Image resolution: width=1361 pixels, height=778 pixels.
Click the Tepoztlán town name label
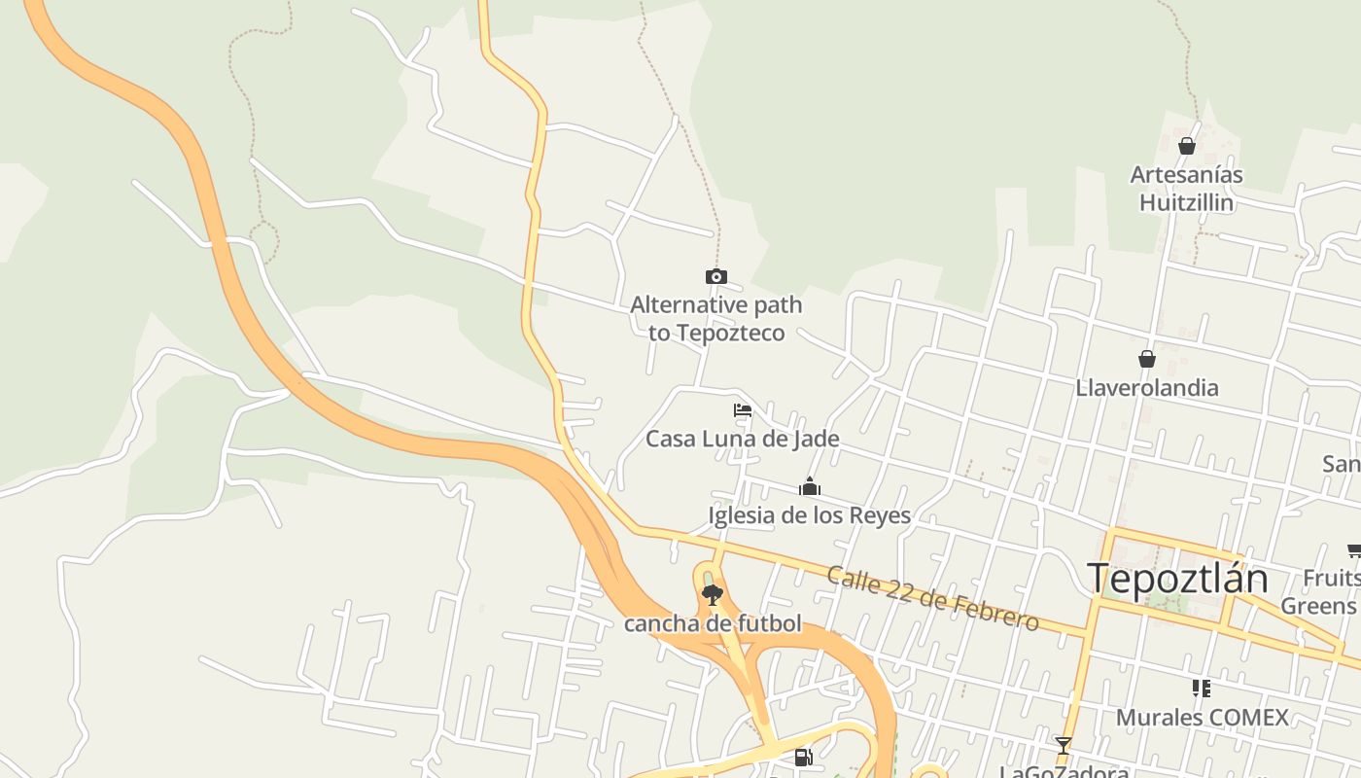coord(1177,579)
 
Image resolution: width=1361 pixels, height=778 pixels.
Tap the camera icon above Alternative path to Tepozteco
coord(716,277)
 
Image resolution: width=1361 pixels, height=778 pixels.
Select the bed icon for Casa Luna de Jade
coord(743,410)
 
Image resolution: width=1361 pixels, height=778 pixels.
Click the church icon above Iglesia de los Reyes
coord(810,486)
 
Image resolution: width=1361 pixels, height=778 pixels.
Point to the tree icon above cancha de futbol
coord(713,594)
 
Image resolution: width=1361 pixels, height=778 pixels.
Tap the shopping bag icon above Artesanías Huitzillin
coord(1186,147)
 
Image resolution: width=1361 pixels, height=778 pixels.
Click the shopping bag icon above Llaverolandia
coord(1147,359)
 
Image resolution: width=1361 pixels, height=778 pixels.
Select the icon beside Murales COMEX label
coord(1202,689)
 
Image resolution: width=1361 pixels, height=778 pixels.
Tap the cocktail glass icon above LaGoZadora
coord(1064,746)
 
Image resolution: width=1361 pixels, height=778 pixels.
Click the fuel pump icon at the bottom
coord(803,757)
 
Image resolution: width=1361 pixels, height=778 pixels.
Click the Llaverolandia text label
coord(1146,388)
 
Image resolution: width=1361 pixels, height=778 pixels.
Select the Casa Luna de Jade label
coord(742,439)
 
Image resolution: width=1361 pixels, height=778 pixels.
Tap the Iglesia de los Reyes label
coord(809,515)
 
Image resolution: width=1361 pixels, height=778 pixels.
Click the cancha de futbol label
coord(713,623)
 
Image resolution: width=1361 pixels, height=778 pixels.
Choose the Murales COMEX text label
coord(1202,718)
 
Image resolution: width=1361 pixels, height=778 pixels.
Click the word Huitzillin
coord(1186,203)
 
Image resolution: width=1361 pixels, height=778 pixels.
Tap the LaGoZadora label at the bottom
coord(1064,771)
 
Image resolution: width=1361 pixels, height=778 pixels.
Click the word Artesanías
coord(1186,176)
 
